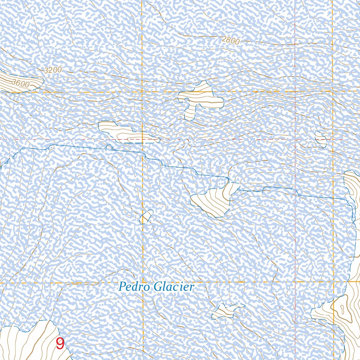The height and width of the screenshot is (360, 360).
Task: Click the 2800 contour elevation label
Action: tap(231, 40)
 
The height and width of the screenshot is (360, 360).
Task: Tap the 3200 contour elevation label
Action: tap(53, 70)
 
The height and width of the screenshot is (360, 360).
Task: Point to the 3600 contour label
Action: tap(20, 84)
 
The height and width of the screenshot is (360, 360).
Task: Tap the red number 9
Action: tap(60, 344)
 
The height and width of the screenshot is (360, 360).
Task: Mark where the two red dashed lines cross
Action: tap(295, 140)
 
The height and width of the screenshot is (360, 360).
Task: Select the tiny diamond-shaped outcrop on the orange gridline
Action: tap(146, 217)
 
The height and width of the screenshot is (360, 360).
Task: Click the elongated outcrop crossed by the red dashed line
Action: tap(127, 133)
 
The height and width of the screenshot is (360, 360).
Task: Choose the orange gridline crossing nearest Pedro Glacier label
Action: tap(143, 282)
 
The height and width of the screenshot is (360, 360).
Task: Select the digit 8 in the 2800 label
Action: tap(227, 40)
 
